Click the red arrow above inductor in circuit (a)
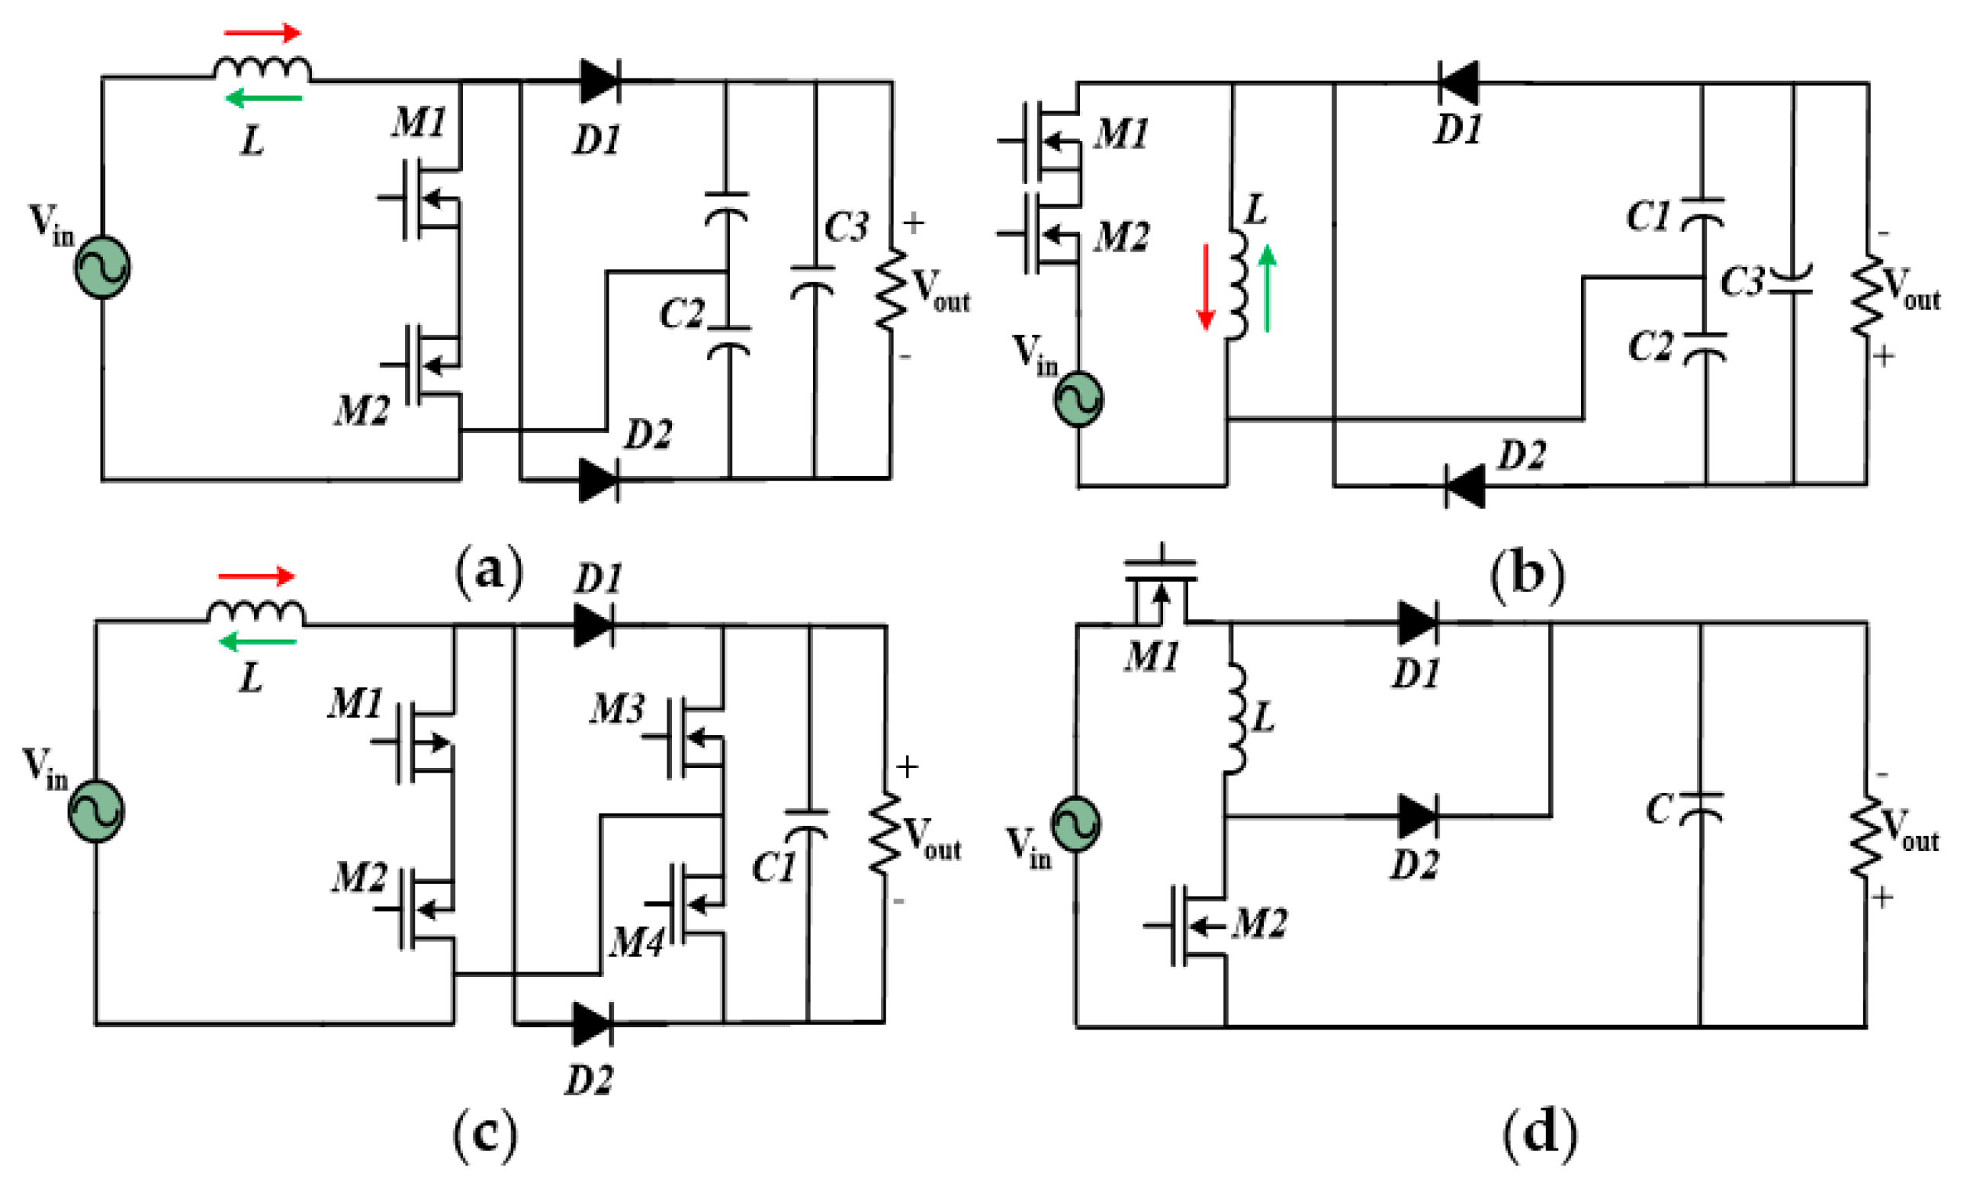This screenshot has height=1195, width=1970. click(262, 34)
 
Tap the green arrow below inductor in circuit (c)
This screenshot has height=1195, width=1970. click(258, 641)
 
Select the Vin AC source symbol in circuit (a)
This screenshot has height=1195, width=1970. click(102, 268)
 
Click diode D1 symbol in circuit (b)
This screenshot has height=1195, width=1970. click(1457, 82)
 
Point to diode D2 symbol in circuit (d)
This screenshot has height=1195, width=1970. click(1418, 816)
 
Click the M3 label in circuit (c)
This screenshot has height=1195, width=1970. click(616, 709)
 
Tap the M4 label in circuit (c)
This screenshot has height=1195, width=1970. click(635, 943)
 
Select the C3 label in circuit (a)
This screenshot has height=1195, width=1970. click(846, 228)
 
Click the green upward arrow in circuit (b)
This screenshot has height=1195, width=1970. click(1268, 288)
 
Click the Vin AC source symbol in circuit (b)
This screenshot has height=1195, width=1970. click(1078, 399)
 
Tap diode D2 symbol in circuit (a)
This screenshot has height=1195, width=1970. click(598, 480)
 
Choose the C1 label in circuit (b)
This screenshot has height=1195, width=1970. click(1648, 216)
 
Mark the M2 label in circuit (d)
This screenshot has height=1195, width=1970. click(1259, 924)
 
